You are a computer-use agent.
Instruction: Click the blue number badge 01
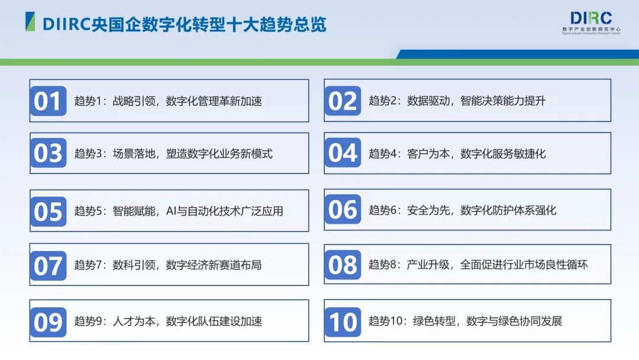pyautogui.click(x=48, y=101)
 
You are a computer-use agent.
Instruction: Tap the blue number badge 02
pyautogui.click(x=343, y=101)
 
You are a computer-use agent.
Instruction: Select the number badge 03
pyautogui.click(x=48, y=153)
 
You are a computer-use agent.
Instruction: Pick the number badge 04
pyautogui.click(x=343, y=153)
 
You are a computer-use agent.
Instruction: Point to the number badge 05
pyautogui.click(x=48, y=211)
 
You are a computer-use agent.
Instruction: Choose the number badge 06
pyautogui.click(x=343, y=210)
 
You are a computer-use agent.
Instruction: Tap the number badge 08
pyautogui.click(x=343, y=265)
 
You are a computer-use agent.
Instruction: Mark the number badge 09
pyautogui.click(x=48, y=322)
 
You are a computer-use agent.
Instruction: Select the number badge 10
pyautogui.click(x=343, y=322)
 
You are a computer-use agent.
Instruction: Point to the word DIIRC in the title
pyautogui.click(x=63, y=24)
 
